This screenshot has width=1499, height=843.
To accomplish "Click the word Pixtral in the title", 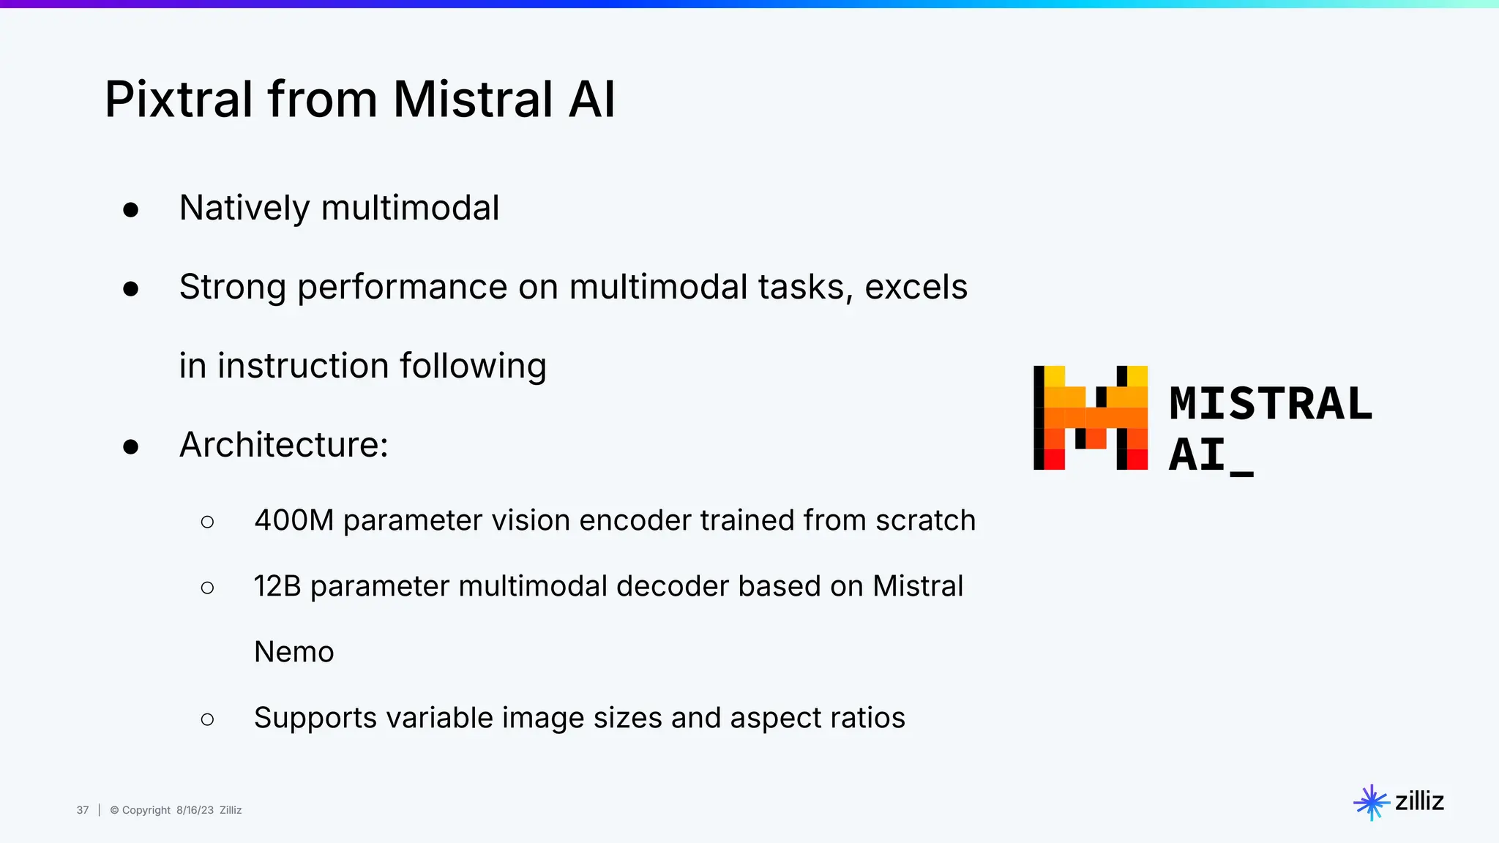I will pos(179,100).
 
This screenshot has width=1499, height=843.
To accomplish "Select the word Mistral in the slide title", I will pos(473,100).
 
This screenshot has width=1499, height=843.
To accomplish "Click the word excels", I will pos(916,287).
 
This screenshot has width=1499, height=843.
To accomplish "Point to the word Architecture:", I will pos(284,445).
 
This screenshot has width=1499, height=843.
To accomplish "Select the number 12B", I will pos(277,586).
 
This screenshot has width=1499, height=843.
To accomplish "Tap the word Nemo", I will pos(294,652).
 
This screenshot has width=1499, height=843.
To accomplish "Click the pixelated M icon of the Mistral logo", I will pos(1090,418).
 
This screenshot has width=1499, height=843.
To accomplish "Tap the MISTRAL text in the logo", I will pos(1270,404).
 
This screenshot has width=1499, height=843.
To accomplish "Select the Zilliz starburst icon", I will pos(1371,803).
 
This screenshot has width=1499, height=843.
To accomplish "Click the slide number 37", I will pos(83,810).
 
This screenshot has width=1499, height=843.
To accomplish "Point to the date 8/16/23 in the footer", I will pos(195,810).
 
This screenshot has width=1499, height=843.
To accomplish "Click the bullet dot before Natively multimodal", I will pos(131,210).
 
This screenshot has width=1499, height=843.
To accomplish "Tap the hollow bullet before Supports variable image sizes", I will pos(207,719).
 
